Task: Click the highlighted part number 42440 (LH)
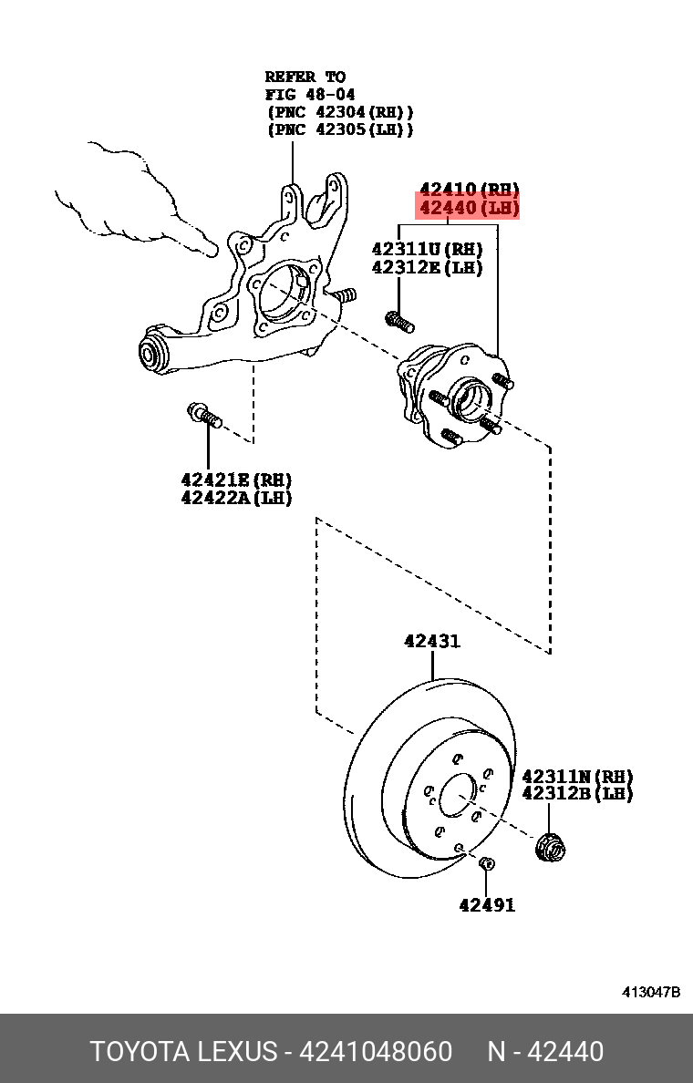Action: (x=469, y=210)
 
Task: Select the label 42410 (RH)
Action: (x=469, y=191)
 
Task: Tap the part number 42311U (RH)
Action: (x=427, y=249)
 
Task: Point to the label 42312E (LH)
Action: (x=427, y=267)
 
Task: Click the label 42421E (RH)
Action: (x=236, y=480)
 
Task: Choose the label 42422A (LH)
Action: (x=236, y=498)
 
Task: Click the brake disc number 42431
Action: (x=432, y=642)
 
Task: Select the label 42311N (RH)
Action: (x=577, y=777)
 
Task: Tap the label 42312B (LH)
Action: (x=577, y=794)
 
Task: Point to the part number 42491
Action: (x=486, y=905)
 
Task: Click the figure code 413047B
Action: (x=651, y=992)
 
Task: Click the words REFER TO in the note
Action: (x=305, y=77)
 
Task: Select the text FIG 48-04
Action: (x=310, y=94)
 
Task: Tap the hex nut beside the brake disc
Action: (x=551, y=847)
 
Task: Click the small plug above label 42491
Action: (x=487, y=864)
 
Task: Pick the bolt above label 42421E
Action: (x=205, y=417)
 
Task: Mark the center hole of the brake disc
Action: (x=457, y=796)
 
